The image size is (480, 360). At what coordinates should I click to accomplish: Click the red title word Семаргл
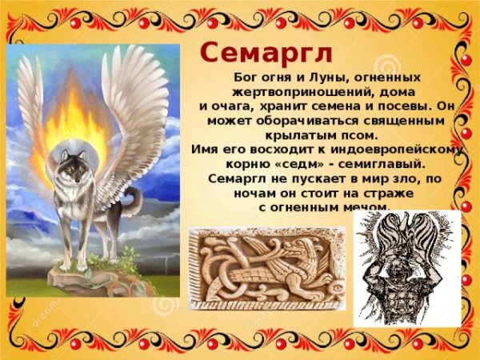[x=266, y=52]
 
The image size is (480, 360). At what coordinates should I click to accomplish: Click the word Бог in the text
[x=237, y=78]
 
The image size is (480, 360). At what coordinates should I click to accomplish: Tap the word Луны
[x=317, y=78]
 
